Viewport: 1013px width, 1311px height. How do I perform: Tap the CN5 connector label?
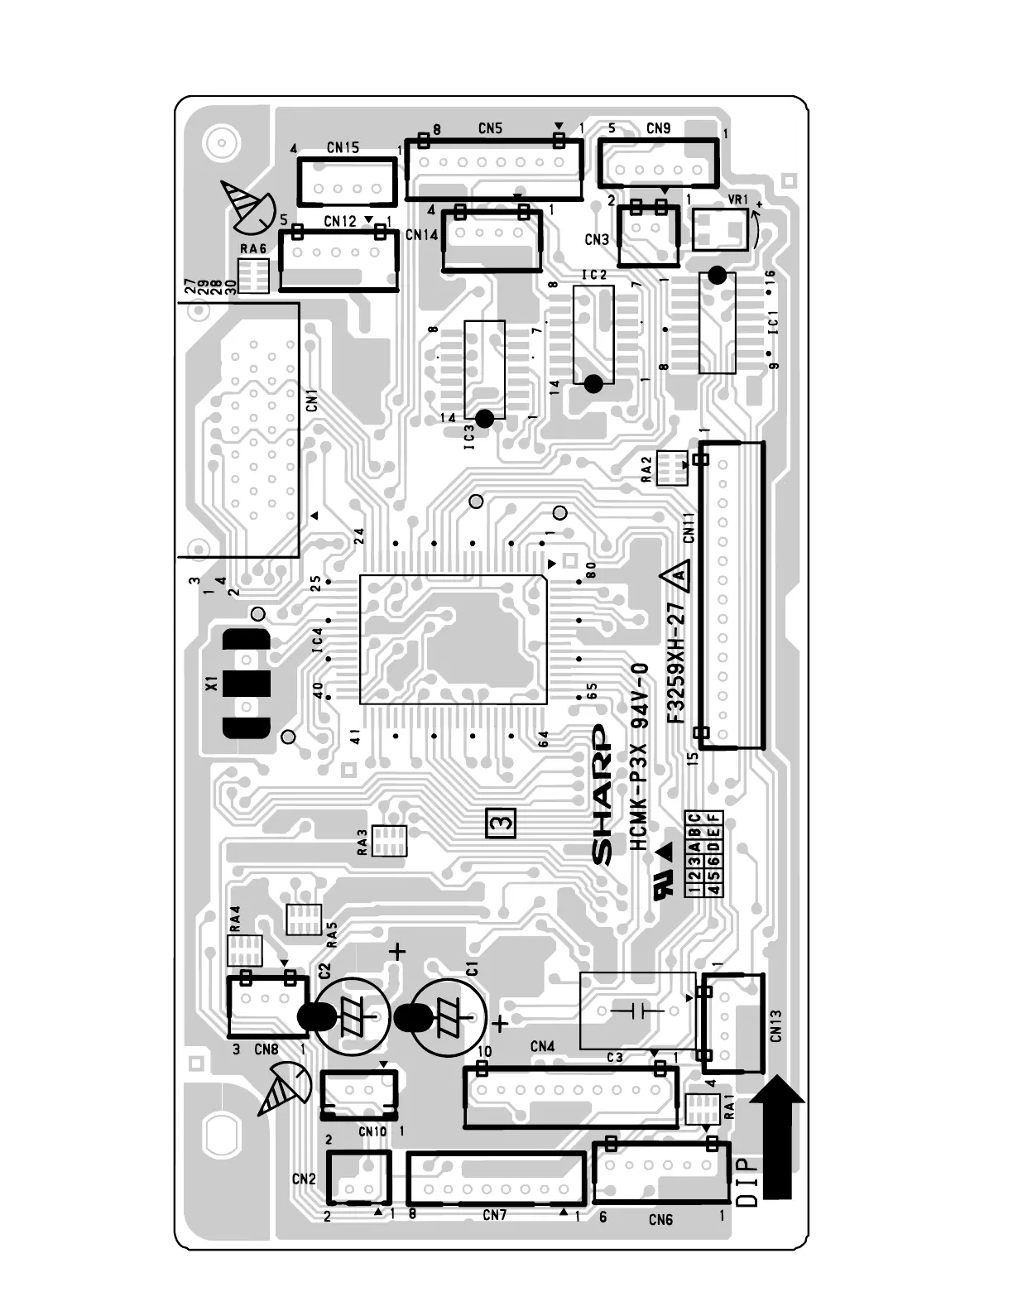point(490,128)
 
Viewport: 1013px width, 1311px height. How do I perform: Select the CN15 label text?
point(343,147)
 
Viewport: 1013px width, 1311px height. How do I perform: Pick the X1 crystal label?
point(212,684)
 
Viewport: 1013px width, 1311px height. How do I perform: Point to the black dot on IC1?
point(718,276)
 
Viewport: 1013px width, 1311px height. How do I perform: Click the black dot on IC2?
point(593,383)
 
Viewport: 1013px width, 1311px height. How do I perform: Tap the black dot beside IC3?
point(485,419)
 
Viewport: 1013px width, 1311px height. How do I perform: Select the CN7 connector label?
point(494,1215)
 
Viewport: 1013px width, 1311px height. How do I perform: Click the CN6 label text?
point(660,1219)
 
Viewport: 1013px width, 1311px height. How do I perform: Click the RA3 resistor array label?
point(362,842)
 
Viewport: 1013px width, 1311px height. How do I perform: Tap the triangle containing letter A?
point(677,577)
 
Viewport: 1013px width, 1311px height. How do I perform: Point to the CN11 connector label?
point(689,527)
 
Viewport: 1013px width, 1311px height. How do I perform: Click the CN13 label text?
point(775,1025)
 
